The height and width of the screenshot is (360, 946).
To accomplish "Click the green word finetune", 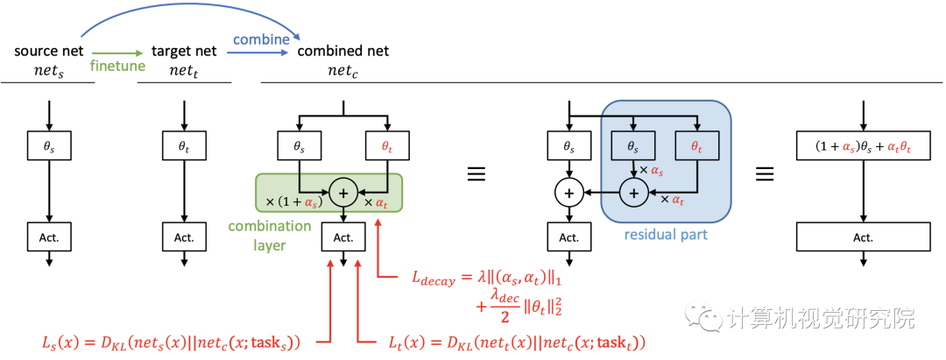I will pos(118,66).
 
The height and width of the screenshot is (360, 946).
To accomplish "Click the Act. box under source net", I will pos(48,236).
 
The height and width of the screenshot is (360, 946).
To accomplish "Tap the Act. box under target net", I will pos(184,236).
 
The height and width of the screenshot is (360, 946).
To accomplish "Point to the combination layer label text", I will pos(270,236).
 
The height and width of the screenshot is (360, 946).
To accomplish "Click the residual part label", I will pos(665,235).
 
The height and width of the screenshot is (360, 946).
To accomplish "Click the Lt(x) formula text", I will pos(512,341).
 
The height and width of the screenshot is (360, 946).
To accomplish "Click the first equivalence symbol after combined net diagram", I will pos(476,173).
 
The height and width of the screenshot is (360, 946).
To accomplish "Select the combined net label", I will pos(343,52).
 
